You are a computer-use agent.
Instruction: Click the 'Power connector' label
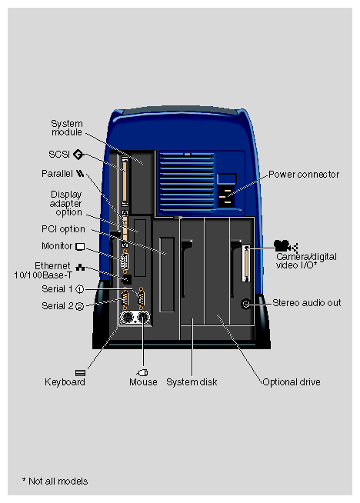[x=303, y=175]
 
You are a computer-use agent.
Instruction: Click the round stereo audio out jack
[x=247, y=303]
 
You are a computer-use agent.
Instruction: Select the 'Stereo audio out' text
[x=306, y=303]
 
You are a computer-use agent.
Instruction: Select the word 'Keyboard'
[x=65, y=381]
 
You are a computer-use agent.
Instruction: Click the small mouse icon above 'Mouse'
[x=142, y=372]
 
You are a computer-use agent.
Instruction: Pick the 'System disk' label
[x=187, y=381]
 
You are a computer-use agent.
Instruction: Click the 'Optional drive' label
[x=292, y=381]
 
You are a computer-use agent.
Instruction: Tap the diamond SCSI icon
[x=78, y=154]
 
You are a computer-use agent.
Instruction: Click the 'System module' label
[x=66, y=128]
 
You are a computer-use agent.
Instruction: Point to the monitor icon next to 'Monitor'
[x=79, y=246]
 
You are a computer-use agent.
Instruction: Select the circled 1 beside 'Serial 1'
[x=79, y=289]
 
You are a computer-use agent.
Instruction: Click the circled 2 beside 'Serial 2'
[x=79, y=306]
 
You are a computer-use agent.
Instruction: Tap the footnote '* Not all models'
[x=55, y=481]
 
